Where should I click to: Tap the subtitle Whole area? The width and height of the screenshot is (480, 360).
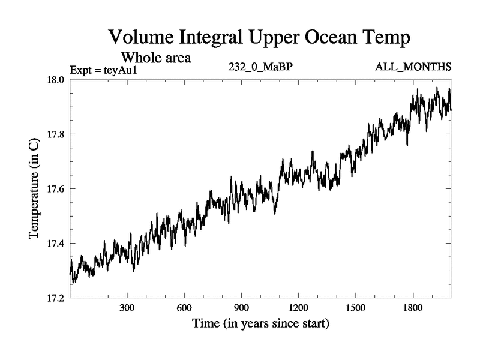click(x=156, y=58)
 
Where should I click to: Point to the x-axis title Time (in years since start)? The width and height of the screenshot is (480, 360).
click(x=260, y=325)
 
